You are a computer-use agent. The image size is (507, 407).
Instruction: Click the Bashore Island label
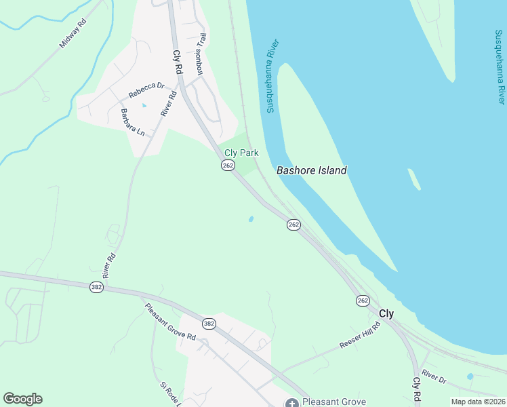[312, 170]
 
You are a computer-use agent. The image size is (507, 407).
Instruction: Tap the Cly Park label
[242, 153]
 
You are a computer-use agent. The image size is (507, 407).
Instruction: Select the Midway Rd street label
[73, 33]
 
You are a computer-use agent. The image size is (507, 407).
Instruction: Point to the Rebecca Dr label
[147, 90]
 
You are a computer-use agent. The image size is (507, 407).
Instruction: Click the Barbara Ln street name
[133, 122]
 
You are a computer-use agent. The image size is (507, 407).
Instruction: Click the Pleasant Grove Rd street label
[170, 322]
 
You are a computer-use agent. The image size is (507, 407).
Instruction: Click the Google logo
[22, 399]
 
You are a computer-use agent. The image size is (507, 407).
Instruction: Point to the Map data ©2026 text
[478, 402]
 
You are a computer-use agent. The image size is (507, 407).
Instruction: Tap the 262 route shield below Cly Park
[228, 166]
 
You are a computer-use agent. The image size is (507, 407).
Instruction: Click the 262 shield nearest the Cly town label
[363, 301]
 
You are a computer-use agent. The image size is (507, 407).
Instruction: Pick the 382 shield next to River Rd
[96, 288]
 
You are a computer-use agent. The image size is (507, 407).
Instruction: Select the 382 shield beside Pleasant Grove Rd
[209, 324]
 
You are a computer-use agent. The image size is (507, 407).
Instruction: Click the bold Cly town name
[386, 313]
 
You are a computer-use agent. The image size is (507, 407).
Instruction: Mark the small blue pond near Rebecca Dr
[143, 105]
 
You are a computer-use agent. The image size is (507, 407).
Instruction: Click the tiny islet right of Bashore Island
[413, 179]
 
